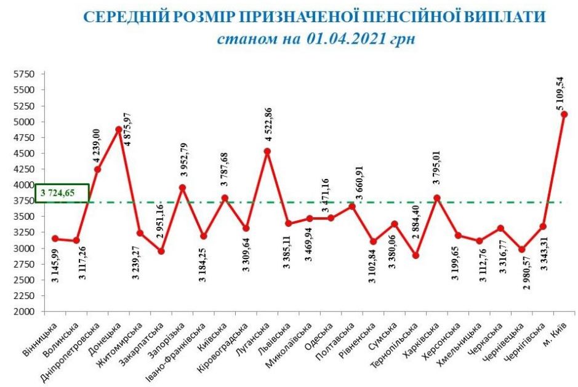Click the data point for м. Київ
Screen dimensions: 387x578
(x=564, y=114)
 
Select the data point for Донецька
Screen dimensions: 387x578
(x=118, y=129)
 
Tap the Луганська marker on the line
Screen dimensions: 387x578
(x=267, y=151)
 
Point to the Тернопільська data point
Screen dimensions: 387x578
(x=415, y=255)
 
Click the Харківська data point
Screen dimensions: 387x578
(x=436, y=198)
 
